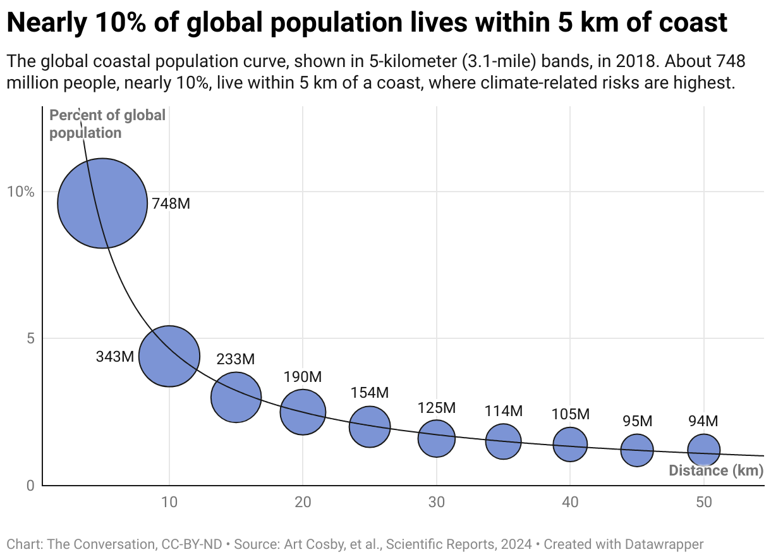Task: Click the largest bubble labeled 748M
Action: [102, 203]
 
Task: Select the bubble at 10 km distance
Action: [169, 356]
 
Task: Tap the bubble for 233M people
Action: [236, 397]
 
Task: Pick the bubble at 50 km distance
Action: [703, 450]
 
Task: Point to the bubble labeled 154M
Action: [370, 426]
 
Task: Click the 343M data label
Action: [115, 357]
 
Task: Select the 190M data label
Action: [303, 378]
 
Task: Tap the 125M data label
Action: [436, 408]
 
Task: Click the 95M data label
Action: [636, 421]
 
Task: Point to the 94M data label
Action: [703, 421]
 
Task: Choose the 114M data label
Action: [503, 411]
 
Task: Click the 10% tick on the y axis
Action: [21, 192]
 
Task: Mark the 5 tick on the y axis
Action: [30, 338]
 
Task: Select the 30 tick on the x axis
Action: [436, 503]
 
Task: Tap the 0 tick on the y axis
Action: [30, 486]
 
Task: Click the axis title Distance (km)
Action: [716, 470]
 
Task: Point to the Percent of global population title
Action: [107, 124]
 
